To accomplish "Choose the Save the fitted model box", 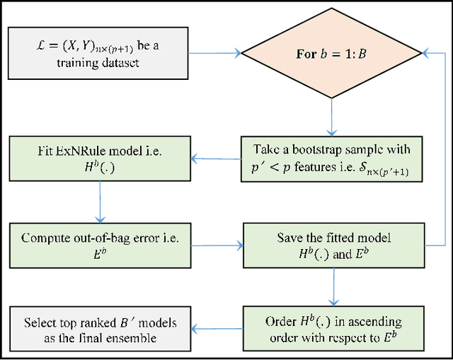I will coord(331,245).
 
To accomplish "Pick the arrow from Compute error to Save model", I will coord(216,245).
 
